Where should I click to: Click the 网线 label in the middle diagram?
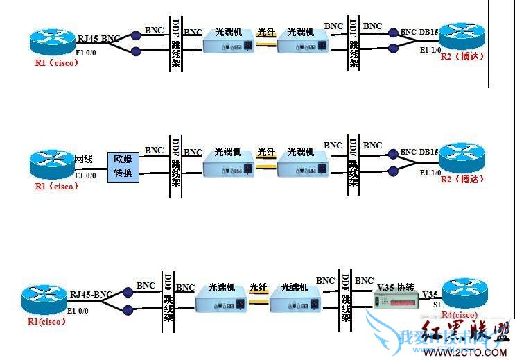point(83,159)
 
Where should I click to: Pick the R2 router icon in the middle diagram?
point(462,158)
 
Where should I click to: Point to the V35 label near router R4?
point(430,294)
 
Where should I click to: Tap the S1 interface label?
point(437,305)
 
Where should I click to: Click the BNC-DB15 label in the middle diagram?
point(420,152)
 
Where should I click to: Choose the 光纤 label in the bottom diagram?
point(258,287)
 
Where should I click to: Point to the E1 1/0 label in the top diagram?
point(430,51)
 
